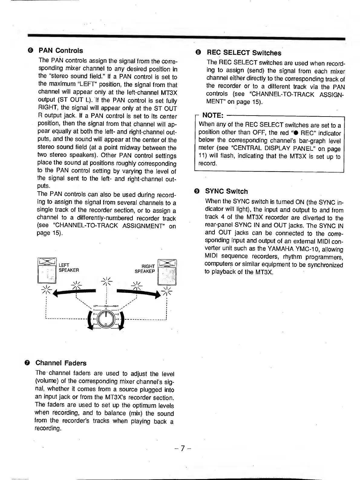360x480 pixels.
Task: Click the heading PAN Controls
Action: [x=61, y=51]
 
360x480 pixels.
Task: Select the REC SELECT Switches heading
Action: [x=244, y=53]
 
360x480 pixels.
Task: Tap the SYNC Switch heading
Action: [x=226, y=191]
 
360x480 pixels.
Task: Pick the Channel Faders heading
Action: [x=61, y=363]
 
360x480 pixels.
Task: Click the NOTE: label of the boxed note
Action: [x=213, y=115]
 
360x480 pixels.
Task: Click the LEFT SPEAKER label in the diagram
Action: [x=69, y=268]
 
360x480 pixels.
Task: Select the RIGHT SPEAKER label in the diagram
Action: [x=145, y=269]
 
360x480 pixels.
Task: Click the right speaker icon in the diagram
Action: [x=167, y=271]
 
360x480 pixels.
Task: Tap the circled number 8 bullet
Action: [x=198, y=53]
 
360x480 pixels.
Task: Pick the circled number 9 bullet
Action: [x=197, y=191]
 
